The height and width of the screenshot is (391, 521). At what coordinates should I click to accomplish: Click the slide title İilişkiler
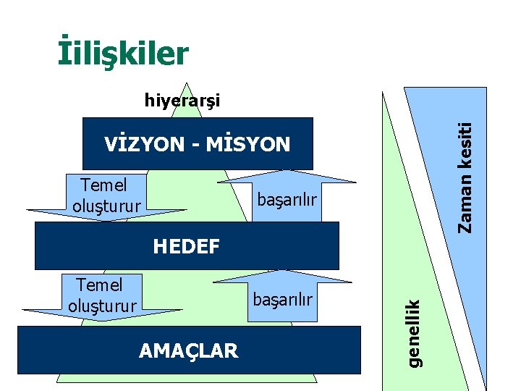[x=123, y=53]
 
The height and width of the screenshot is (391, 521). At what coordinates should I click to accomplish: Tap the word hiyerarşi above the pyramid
[x=182, y=99]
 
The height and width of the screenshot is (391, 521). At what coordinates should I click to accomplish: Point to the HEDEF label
[x=187, y=247]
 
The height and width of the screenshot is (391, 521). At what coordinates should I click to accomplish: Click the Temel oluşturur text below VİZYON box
[x=106, y=195]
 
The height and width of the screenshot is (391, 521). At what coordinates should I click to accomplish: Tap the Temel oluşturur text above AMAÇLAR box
[x=102, y=295]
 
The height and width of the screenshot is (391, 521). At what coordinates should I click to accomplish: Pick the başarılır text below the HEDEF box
[x=283, y=298]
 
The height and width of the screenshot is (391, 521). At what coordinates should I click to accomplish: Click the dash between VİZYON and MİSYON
[x=196, y=145]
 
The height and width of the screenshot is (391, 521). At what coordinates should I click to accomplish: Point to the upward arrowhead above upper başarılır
[x=291, y=176]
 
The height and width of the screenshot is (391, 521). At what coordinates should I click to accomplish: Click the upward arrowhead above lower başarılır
[x=284, y=276]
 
